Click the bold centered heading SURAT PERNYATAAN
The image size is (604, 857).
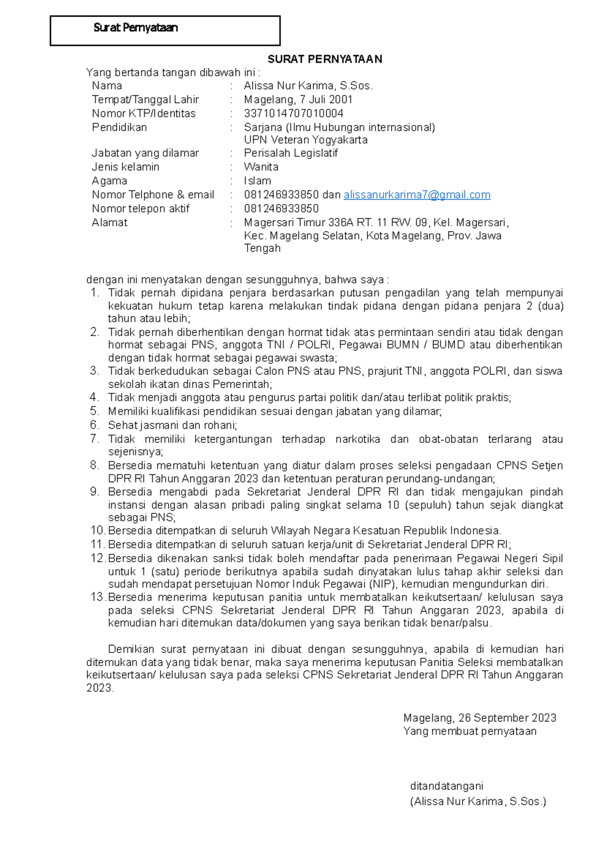click(325, 59)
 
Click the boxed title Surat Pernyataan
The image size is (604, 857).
click(136, 28)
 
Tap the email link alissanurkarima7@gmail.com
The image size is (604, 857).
click(417, 195)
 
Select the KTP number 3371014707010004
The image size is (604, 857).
click(293, 113)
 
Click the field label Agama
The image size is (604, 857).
click(109, 181)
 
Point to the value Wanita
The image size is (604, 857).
click(261, 167)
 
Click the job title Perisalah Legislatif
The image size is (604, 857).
click(290, 153)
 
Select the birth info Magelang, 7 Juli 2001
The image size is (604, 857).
click(298, 100)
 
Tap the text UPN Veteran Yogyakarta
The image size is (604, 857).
click(306, 140)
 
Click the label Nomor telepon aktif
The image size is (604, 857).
click(140, 209)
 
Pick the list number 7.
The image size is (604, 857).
click(95, 439)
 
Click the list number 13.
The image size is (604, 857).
click(97, 597)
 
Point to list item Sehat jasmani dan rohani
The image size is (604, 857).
click(172, 425)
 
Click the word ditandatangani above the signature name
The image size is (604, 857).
click(446, 786)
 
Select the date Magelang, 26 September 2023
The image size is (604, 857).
click(479, 718)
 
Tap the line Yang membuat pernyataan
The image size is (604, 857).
click(470, 732)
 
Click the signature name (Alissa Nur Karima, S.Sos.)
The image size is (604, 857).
click(478, 802)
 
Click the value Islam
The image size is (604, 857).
click(257, 181)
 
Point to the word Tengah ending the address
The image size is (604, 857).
click(262, 248)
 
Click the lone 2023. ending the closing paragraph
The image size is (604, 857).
click(100, 688)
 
